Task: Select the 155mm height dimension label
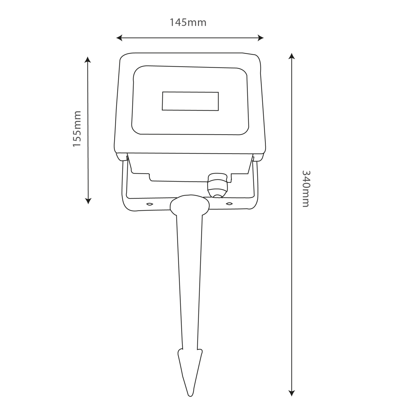(x=77, y=129)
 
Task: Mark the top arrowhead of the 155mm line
(x=88, y=59)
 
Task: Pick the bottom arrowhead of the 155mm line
(x=88, y=201)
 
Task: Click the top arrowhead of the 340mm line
(x=292, y=56)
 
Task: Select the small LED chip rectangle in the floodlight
(x=190, y=101)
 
